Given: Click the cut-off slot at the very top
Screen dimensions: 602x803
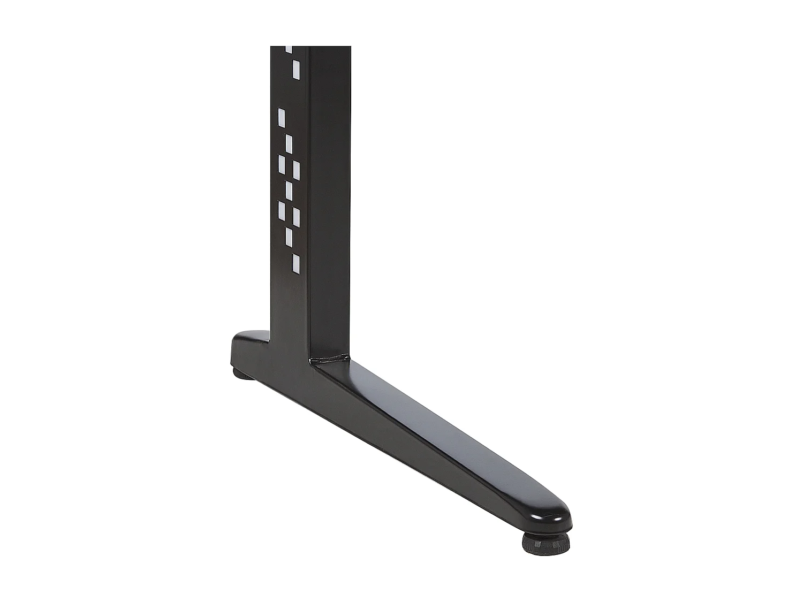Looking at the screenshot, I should click(289, 49).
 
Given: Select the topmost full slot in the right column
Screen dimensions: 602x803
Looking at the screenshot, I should click(296, 70).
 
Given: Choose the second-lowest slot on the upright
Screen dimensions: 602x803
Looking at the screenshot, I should click(289, 237).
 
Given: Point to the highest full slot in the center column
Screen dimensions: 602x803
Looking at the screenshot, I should click(289, 143).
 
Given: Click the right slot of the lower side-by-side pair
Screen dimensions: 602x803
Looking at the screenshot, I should click(296, 216).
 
